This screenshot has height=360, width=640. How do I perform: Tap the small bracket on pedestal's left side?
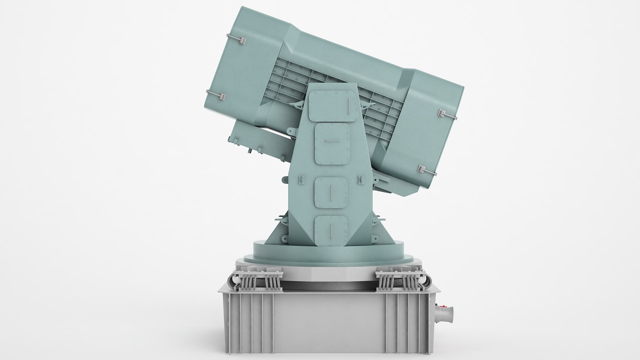301,180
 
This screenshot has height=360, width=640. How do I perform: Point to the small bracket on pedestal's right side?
360,180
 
